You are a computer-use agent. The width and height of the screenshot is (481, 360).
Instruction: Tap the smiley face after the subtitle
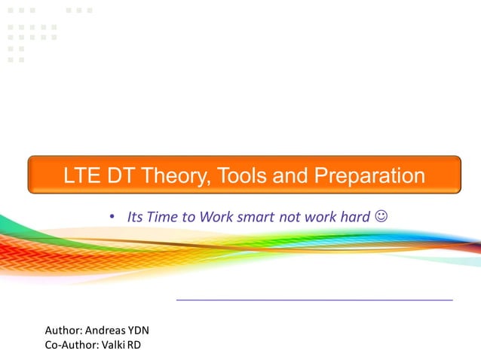(381, 217)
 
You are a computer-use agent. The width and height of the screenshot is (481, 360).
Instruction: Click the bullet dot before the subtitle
(111, 218)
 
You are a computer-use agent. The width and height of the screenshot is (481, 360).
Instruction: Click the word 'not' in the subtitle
(290, 217)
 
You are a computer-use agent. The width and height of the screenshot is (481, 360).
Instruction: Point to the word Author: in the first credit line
(63, 330)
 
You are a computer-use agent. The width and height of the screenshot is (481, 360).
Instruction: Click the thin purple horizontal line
(314, 300)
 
